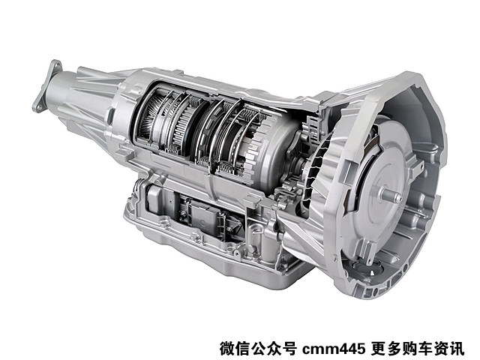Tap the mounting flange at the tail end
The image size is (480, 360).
(46, 86)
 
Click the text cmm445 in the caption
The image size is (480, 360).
(334, 349)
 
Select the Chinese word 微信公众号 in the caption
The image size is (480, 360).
(258, 349)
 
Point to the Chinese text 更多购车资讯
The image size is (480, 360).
(418, 349)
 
